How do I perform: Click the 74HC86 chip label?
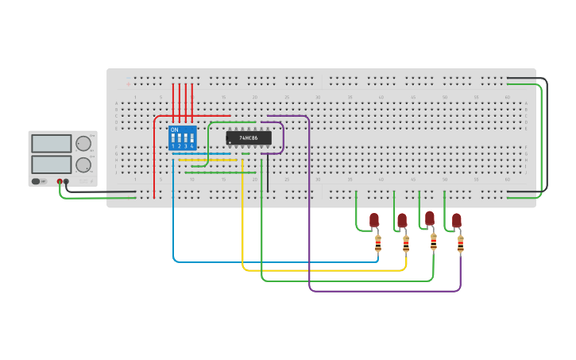coord(249,137)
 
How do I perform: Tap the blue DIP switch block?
coord(183,138)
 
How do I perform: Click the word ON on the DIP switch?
coord(175,130)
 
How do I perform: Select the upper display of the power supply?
coord(52,144)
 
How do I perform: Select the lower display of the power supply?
coord(52,165)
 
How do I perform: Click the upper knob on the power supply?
coord(83,144)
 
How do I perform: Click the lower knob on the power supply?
coord(83,165)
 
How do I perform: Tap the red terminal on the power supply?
coord(60,182)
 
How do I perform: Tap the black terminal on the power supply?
coord(66,182)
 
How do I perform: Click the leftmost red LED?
coord(374,219)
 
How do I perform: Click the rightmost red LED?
coord(457,219)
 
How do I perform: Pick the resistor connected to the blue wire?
coord(378,242)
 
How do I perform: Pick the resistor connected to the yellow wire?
coord(406,242)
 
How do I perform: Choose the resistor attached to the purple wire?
coord(461,242)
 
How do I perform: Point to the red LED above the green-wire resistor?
coord(430,218)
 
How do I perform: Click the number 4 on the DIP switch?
coord(192,146)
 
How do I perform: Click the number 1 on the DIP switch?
coord(173,146)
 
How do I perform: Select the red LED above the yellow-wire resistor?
coord(402,219)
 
